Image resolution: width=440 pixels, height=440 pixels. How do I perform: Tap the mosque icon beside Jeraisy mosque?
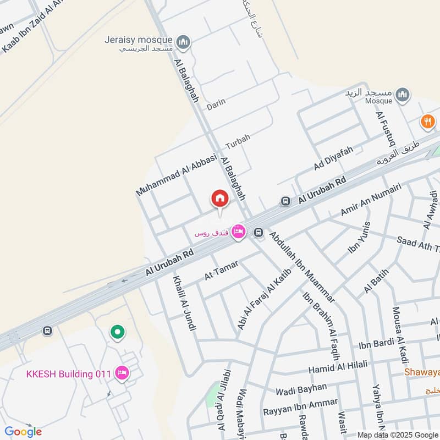pos(184,41)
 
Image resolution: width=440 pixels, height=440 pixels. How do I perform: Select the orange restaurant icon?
pos(428,122)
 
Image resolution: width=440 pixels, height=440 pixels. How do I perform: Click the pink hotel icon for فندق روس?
pos(238,232)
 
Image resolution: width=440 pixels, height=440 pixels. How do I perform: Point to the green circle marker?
pos(117,332)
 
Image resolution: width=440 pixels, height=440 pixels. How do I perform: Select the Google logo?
pos(23,432)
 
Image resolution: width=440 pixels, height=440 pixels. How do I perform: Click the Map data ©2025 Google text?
pos(398,433)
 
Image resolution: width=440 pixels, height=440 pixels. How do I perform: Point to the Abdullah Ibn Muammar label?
pos(301,267)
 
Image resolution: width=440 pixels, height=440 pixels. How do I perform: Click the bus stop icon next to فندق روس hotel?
pos(258,233)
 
